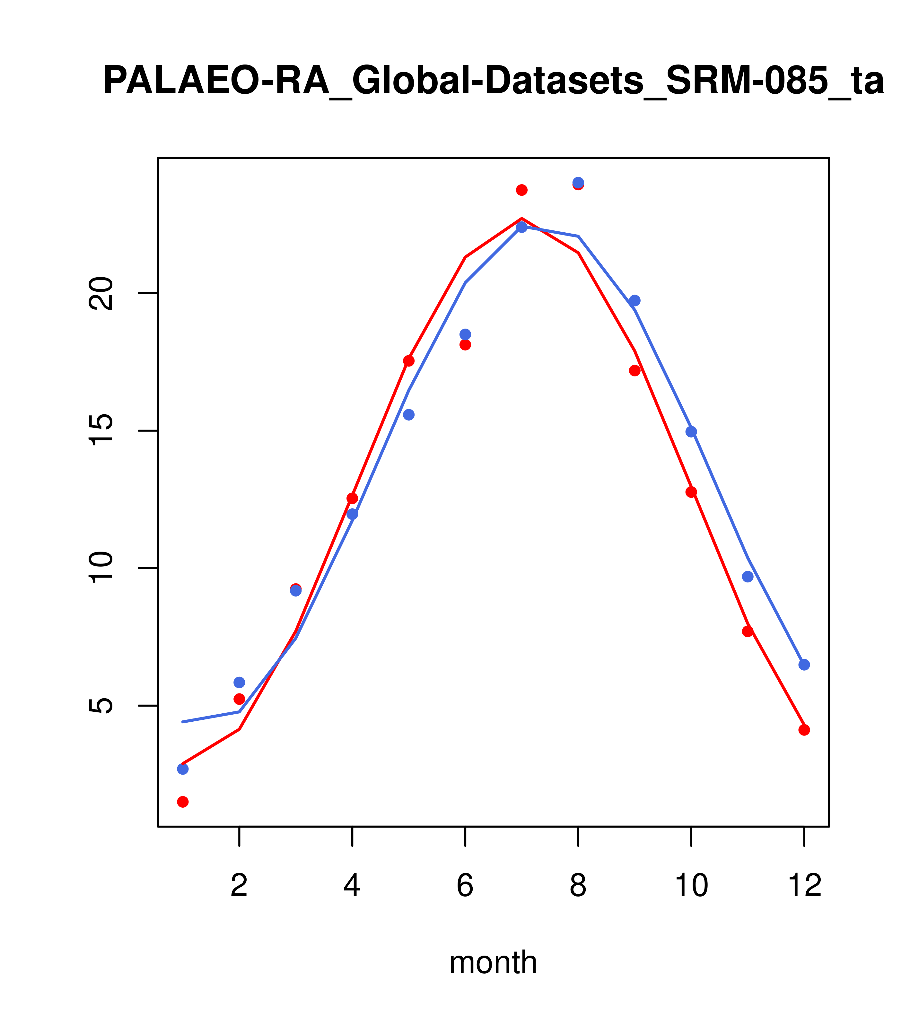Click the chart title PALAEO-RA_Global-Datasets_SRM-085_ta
[493, 81]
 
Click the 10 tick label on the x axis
[691, 886]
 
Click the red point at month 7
[522, 190]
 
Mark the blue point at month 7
[522, 227]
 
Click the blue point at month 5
[409, 415]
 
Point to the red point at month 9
[634, 370]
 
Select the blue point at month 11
[748, 577]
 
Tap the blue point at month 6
[465, 334]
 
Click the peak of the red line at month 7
[522, 219]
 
